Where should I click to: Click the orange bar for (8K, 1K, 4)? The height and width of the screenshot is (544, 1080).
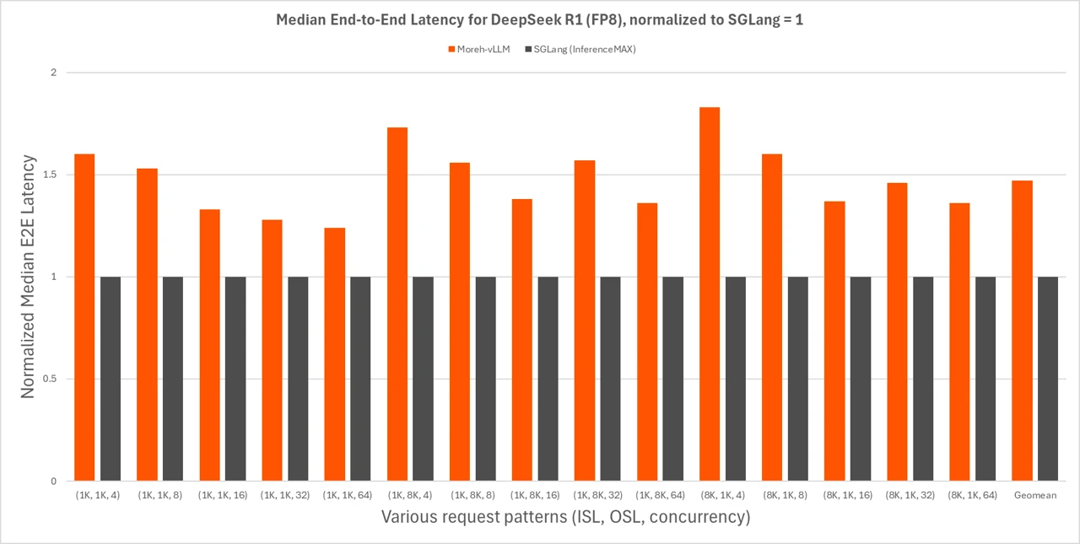pyautogui.click(x=710, y=294)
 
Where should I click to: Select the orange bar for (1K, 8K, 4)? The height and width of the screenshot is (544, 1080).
pyautogui.click(x=397, y=304)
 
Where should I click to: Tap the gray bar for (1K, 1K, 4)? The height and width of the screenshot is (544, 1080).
pyautogui.click(x=111, y=379)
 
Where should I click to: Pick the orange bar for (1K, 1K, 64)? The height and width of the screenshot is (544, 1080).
pyautogui.click(x=335, y=354)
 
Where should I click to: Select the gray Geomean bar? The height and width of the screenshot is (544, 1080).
pyautogui.click(x=1048, y=379)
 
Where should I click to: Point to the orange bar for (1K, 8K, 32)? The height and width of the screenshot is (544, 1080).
pyautogui.click(x=585, y=320)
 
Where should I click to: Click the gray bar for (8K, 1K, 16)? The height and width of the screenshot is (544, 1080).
pyautogui.click(x=861, y=379)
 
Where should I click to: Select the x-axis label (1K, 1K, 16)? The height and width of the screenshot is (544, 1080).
pyautogui.click(x=223, y=495)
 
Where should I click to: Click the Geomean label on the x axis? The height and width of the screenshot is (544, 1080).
pyautogui.click(x=1035, y=495)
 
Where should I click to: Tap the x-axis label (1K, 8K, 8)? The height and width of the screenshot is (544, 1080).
pyautogui.click(x=472, y=495)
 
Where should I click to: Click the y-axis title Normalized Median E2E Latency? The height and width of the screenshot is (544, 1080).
pyautogui.click(x=28, y=277)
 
